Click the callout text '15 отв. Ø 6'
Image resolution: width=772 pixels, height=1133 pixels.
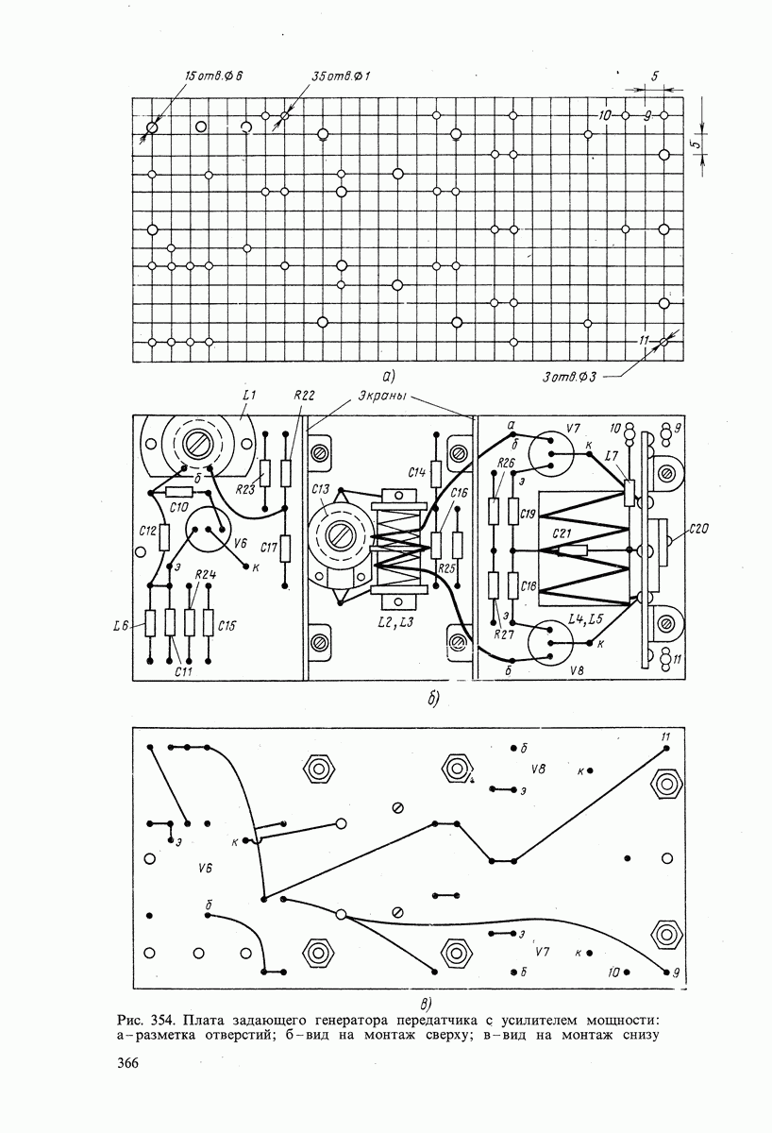(x=213, y=76)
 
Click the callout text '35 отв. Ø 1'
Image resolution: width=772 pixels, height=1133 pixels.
(x=341, y=76)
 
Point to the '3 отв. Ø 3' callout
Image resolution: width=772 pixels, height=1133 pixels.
(x=569, y=377)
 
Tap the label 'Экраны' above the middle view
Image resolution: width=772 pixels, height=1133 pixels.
(x=382, y=396)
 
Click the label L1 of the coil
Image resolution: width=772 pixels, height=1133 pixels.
(x=248, y=395)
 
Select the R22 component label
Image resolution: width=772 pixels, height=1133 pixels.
(x=304, y=395)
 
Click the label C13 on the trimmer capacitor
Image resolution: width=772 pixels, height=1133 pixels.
(x=320, y=489)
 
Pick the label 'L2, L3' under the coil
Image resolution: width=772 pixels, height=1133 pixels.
(x=395, y=621)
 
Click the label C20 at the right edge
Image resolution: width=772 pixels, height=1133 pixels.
(x=698, y=529)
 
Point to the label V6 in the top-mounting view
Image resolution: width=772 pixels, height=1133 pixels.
(x=240, y=543)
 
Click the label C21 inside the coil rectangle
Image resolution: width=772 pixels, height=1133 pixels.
(x=562, y=533)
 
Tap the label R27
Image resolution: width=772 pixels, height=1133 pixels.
(x=504, y=634)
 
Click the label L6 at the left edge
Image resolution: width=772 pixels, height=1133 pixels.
(x=119, y=627)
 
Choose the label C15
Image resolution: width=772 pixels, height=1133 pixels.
(x=227, y=626)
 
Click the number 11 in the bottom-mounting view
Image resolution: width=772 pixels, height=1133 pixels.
(x=665, y=737)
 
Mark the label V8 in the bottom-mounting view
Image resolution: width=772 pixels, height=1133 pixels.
(x=539, y=769)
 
